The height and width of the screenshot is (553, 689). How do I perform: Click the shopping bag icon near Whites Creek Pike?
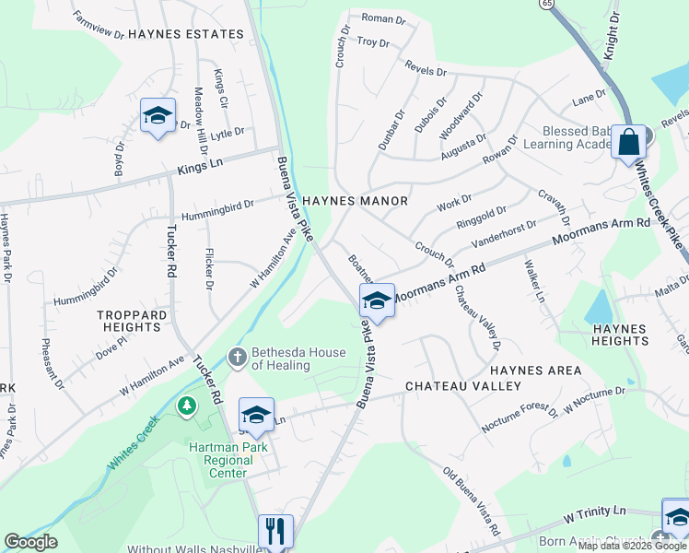tap(631, 143)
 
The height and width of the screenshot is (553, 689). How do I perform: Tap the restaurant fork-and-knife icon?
tap(275, 531)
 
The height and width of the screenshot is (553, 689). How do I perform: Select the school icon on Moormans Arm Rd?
tap(377, 300)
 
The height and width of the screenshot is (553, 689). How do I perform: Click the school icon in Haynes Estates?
tap(158, 115)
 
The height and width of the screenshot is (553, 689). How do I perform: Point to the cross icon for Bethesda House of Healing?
tap(238, 357)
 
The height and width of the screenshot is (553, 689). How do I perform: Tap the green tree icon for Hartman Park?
tap(188, 405)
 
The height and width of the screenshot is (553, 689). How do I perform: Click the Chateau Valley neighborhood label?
tap(451, 385)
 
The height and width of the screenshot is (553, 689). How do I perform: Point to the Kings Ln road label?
tap(200, 164)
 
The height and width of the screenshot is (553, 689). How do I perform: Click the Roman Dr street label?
tap(383, 19)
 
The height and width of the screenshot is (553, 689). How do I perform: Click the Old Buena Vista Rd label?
tap(471, 502)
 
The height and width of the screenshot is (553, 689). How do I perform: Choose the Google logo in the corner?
tap(31, 542)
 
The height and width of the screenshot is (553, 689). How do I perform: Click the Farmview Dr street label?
tap(99, 29)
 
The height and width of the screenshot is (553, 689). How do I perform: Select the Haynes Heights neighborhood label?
tap(622, 335)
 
